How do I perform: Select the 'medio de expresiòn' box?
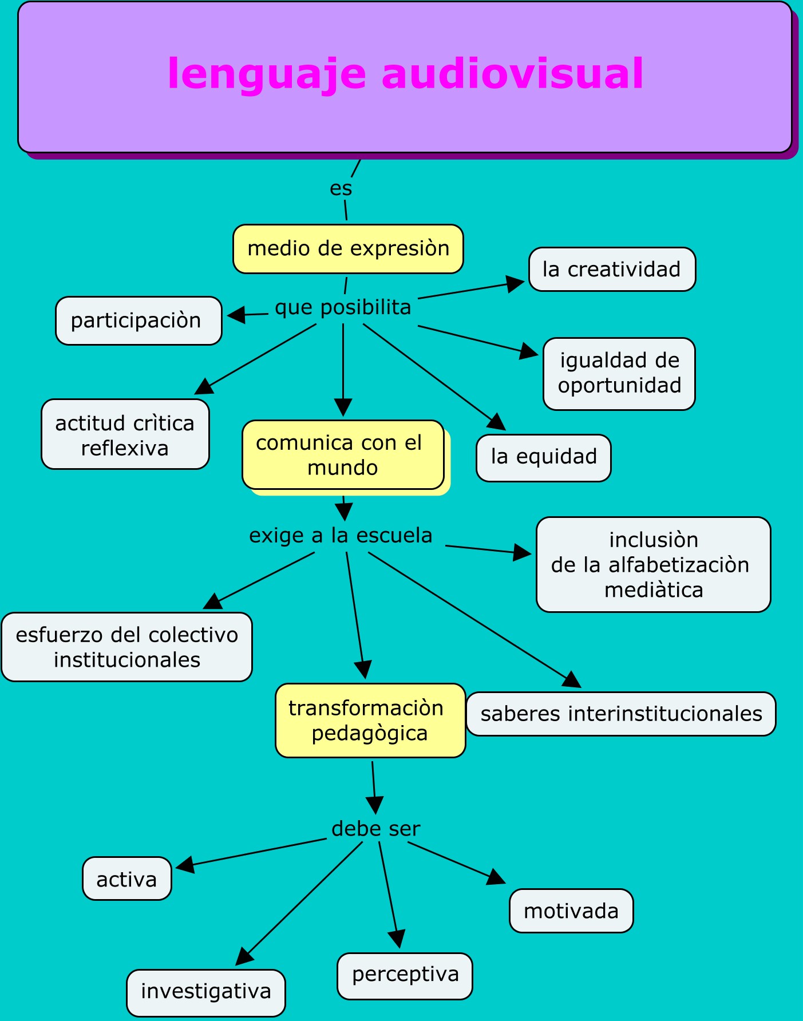pyautogui.click(x=348, y=249)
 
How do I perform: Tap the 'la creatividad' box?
pyautogui.click(x=612, y=270)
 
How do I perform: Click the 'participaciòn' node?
pyautogui.click(x=139, y=320)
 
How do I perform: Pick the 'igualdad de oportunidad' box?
pyautogui.click(x=619, y=374)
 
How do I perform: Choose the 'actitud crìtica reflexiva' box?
pyautogui.click(x=125, y=434)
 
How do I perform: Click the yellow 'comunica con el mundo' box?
pyautogui.click(x=343, y=455)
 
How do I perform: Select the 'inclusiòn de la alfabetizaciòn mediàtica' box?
pyautogui.click(x=653, y=565)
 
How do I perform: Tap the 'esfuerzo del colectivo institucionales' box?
pyautogui.click(x=126, y=647)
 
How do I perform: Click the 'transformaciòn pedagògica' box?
pyautogui.click(x=370, y=721)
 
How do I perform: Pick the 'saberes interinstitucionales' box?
pyautogui.click(x=621, y=714)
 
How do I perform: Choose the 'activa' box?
pyautogui.click(x=127, y=879)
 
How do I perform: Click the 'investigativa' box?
pyautogui.click(x=206, y=991)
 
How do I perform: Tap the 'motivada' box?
pyautogui.click(x=571, y=911)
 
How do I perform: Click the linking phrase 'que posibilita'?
pyautogui.click(x=343, y=308)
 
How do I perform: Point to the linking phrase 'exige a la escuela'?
pyautogui.click(x=341, y=536)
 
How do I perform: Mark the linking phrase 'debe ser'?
pyautogui.click(x=375, y=829)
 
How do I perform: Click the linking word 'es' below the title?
pyautogui.click(x=341, y=189)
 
